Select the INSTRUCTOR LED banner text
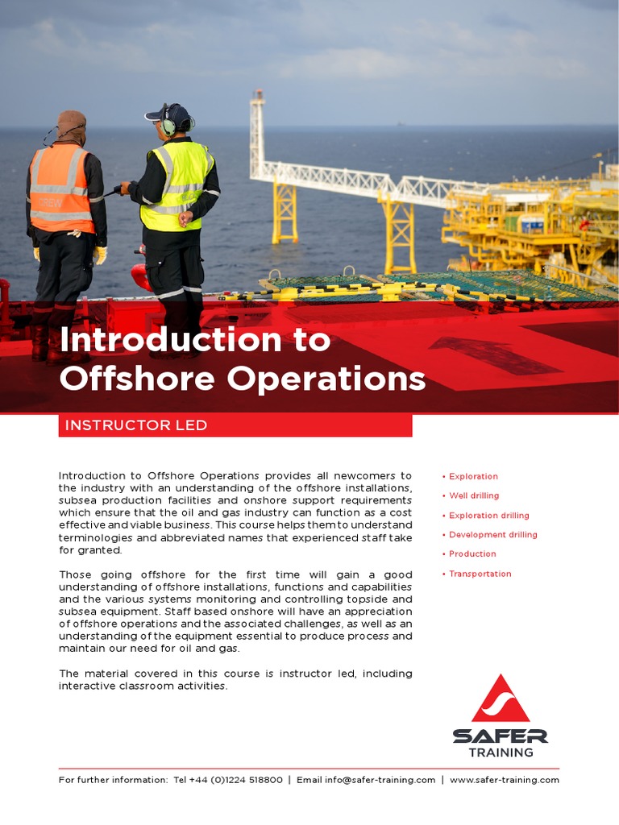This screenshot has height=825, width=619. pos(136,425)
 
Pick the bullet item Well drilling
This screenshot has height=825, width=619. pos(474,495)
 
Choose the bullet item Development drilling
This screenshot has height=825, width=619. pos(492,534)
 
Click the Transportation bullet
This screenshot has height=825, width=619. pos(480,574)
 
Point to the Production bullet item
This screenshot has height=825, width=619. pos(472,553)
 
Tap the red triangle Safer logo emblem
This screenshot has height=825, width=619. pos(501,699)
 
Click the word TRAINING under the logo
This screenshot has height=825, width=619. pos(501,752)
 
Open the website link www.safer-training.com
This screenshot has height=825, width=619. pos(504,780)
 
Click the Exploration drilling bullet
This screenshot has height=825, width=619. pos(488,515)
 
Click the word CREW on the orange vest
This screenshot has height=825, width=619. pos(51,201)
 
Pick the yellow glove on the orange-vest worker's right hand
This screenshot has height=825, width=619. pos(99,255)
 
